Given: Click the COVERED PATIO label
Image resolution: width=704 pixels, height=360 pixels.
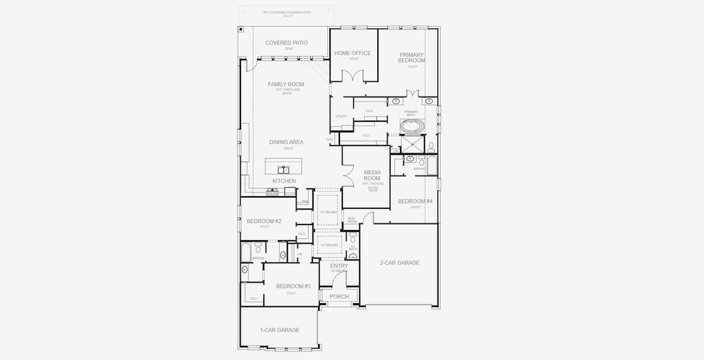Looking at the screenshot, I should point(286,43).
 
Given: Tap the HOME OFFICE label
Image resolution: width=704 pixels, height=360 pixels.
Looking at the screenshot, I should point(353,53).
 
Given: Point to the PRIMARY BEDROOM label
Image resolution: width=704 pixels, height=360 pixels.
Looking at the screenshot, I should point(412,58).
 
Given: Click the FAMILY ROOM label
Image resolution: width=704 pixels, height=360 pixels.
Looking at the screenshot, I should point(286,85).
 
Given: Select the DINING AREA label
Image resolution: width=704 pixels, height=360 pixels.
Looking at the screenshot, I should point(286,142).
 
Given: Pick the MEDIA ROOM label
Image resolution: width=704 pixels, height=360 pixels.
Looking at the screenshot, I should point(372,175).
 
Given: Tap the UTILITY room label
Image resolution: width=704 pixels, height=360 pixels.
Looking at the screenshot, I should point(341,116).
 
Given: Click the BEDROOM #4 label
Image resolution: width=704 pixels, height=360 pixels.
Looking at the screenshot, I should point(415,201).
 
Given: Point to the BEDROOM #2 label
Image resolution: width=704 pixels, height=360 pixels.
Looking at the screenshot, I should point(264,221).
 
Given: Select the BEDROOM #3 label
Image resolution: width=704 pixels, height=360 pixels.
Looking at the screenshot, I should point(293,286).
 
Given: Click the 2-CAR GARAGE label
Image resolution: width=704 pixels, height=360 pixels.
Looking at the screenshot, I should point(399,263).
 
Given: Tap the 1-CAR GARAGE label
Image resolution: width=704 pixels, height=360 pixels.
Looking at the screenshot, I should point(279,330).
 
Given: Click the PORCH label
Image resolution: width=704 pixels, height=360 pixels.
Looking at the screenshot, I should point(339,296).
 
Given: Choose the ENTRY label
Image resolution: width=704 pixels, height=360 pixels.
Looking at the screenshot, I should point(339,266).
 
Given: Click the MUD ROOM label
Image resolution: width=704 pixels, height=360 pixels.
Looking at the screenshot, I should point(352,220).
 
